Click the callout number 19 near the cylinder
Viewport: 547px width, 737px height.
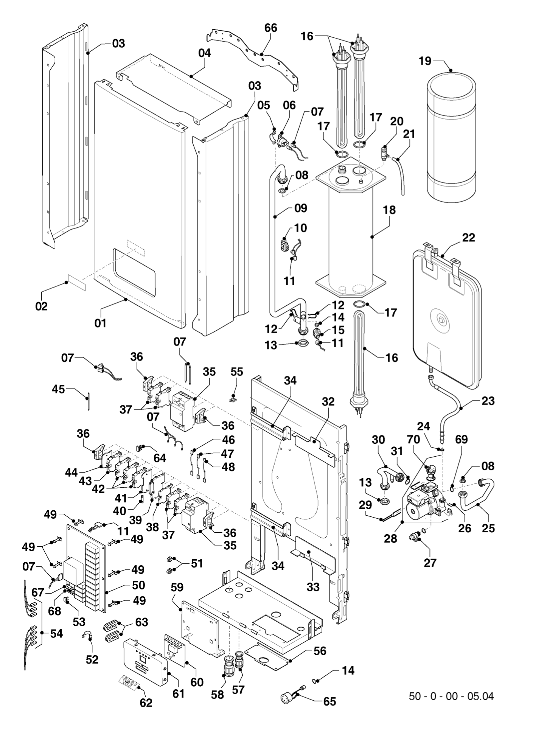[425, 61]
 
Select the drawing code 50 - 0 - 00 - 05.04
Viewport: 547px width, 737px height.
[451, 696]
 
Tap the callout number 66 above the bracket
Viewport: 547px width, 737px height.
[270, 28]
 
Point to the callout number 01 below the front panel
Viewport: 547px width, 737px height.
[100, 323]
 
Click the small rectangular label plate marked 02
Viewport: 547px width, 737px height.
[77, 283]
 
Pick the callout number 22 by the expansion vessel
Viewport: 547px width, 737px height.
[468, 238]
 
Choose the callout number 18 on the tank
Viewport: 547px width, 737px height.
[389, 210]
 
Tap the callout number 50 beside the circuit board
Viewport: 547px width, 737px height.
[138, 585]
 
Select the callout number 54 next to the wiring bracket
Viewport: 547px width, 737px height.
[56, 633]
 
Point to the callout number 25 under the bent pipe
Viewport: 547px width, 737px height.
[488, 528]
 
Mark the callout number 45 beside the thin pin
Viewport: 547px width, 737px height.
[58, 389]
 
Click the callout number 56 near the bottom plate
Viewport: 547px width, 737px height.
[320, 651]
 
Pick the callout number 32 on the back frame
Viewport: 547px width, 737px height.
[328, 402]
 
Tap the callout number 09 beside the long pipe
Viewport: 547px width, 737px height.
[301, 208]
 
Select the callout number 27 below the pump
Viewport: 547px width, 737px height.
[430, 563]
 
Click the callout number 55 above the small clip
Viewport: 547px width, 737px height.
[237, 372]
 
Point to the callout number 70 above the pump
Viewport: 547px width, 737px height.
[413, 440]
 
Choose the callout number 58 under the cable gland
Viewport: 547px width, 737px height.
[218, 695]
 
